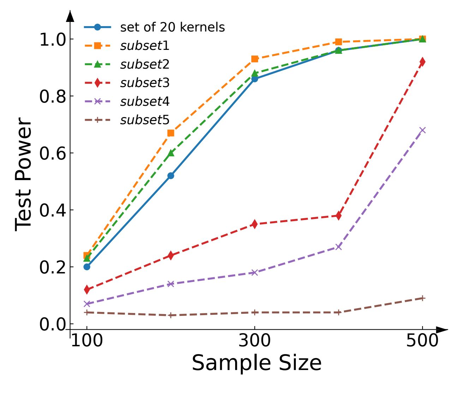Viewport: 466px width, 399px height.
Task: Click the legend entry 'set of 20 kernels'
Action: [x=172, y=27]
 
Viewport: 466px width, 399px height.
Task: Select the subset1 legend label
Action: [x=145, y=46]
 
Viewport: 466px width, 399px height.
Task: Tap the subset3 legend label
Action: [x=145, y=83]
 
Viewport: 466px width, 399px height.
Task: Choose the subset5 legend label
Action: [x=145, y=120]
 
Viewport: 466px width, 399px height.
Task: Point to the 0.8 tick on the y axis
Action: [x=53, y=96]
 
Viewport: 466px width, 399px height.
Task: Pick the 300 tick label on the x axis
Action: [x=255, y=341]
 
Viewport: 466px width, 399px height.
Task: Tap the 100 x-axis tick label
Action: [x=87, y=341]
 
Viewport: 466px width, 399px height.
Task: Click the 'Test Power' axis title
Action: [x=24, y=174]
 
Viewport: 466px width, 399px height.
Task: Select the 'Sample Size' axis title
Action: [x=257, y=363]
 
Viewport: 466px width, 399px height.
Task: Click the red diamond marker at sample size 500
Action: [x=423, y=62]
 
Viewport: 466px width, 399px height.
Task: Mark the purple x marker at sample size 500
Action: [x=423, y=130]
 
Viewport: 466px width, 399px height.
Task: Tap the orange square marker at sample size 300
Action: [x=255, y=59]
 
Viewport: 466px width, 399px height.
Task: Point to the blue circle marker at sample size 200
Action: [x=171, y=176]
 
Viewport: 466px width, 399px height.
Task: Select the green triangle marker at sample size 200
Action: [x=171, y=153]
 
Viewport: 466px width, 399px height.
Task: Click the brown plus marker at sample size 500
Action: [x=423, y=298]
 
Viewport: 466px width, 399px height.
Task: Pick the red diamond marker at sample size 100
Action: [x=87, y=290]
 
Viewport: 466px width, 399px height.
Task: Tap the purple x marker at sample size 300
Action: [x=255, y=272]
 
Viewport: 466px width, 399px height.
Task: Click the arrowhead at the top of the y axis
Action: [x=70, y=16]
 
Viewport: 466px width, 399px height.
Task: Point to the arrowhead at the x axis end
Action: [x=442, y=330]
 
